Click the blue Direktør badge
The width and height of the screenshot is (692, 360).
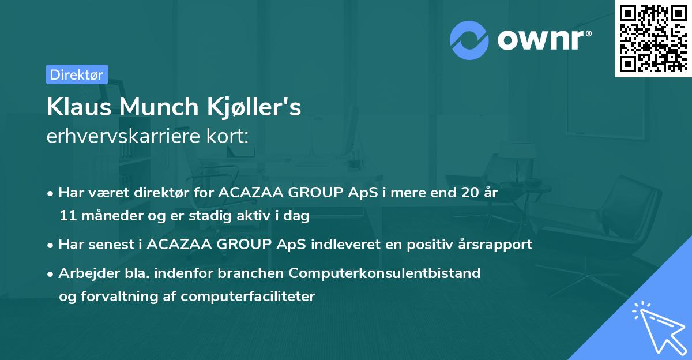(x=77, y=74)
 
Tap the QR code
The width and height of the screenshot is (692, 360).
(x=653, y=38)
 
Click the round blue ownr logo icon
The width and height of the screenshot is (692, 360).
(x=469, y=40)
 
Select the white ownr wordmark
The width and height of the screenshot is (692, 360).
(x=540, y=40)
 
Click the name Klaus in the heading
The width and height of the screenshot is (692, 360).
(x=79, y=107)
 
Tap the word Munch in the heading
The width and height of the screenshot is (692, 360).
(x=159, y=107)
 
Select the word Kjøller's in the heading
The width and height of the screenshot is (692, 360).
(x=254, y=107)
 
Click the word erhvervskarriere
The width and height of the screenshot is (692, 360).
(x=123, y=136)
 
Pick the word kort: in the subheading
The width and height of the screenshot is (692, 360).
(x=227, y=136)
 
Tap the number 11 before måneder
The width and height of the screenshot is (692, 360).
(x=67, y=215)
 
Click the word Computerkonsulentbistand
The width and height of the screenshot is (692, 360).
(x=385, y=273)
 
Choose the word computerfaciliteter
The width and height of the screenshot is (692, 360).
(x=248, y=297)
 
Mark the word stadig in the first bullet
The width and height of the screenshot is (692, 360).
(x=210, y=216)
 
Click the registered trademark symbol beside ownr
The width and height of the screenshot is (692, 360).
(x=588, y=33)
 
